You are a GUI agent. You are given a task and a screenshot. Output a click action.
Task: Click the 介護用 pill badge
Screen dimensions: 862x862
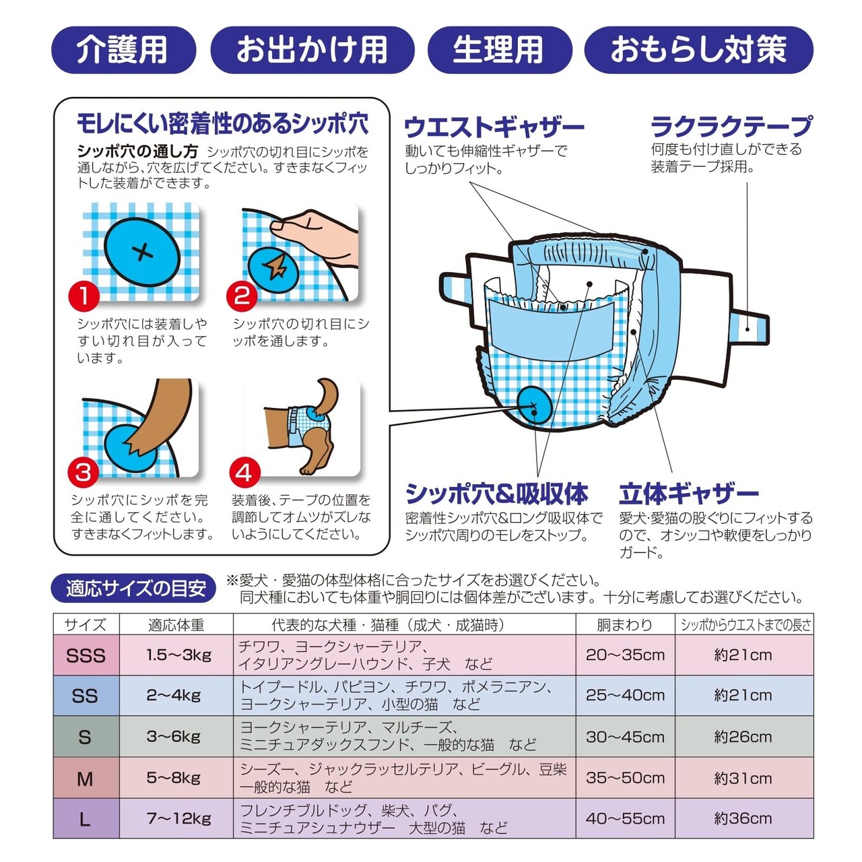pyautogui.click(x=123, y=50)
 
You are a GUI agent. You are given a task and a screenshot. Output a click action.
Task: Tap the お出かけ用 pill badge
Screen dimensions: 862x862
pyautogui.click(x=312, y=50)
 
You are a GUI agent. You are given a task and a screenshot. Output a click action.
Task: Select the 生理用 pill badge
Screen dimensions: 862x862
pyautogui.click(x=500, y=50)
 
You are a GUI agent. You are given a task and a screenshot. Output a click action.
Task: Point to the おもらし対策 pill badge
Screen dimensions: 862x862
pyautogui.click(x=698, y=50)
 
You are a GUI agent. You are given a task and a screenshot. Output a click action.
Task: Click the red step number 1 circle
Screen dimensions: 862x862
pyautogui.click(x=84, y=296)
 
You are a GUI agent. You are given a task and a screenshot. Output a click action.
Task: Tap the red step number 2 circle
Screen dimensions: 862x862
pyautogui.click(x=242, y=296)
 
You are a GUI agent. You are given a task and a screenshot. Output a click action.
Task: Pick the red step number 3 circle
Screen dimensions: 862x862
pyautogui.click(x=84, y=472)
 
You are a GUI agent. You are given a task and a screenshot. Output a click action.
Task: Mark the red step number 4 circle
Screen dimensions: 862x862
pyautogui.click(x=244, y=472)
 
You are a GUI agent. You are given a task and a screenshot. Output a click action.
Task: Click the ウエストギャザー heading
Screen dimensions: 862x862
pyautogui.click(x=494, y=127)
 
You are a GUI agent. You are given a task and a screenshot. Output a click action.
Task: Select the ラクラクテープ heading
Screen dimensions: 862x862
pyautogui.click(x=731, y=126)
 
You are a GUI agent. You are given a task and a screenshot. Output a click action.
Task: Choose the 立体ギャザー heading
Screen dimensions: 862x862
pyautogui.click(x=688, y=494)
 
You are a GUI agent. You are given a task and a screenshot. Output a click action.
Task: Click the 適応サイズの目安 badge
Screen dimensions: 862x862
pyautogui.click(x=134, y=588)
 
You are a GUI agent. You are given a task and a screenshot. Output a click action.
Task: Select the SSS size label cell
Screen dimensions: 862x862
pyautogui.click(x=86, y=655)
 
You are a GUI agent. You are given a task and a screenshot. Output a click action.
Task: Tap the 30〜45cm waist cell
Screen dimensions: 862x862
pyautogui.click(x=625, y=737)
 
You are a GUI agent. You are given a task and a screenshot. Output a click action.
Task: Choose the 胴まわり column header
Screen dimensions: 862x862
pyautogui.click(x=624, y=624)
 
